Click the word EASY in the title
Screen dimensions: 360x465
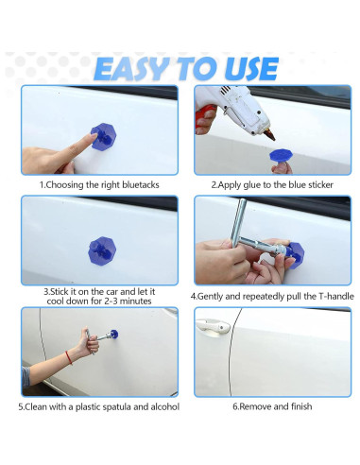pos(130,69)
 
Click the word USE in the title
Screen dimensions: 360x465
pos(251,69)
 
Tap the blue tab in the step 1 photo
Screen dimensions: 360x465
pos(104,137)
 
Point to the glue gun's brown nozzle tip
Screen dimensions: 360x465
pos(269,135)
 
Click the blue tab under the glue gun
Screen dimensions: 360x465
pos(281,155)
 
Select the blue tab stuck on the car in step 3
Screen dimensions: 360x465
pos(102,250)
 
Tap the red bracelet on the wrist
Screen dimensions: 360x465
pos(69,357)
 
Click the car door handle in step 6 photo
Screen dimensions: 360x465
pos(213,326)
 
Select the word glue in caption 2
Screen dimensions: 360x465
pos(252,185)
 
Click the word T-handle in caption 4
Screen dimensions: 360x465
pos(336,297)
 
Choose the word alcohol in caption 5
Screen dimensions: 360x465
pos(165,406)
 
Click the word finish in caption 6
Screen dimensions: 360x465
pos(301,406)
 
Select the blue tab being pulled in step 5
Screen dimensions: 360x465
pos(113,334)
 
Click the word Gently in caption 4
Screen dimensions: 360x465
pos(211,297)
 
